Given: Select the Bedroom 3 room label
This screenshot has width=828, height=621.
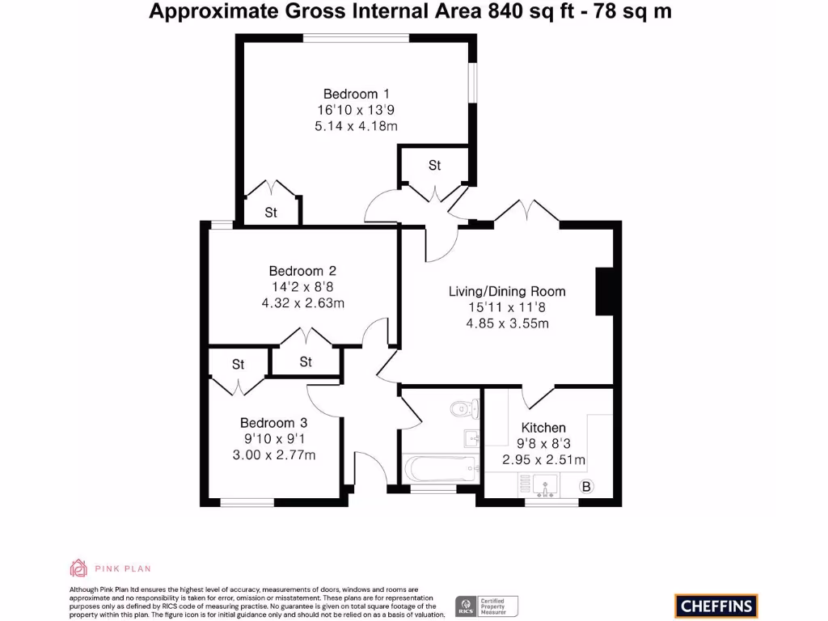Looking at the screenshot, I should pyautogui.click(x=273, y=422).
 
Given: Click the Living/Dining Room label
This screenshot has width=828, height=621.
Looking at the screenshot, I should pyautogui.click(x=507, y=291).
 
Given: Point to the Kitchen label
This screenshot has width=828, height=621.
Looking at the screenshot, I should pyautogui.click(x=543, y=428).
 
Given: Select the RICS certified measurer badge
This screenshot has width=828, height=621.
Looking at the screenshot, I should pyautogui.click(x=488, y=606).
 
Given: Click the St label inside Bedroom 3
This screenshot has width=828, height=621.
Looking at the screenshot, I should pyautogui.click(x=238, y=365).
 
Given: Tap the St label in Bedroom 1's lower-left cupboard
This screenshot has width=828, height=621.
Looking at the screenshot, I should pyautogui.click(x=271, y=213).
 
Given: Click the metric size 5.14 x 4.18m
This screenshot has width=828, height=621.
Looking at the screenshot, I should pyautogui.click(x=356, y=126).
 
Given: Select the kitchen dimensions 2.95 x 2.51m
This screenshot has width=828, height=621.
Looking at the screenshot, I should pyautogui.click(x=543, y=460).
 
